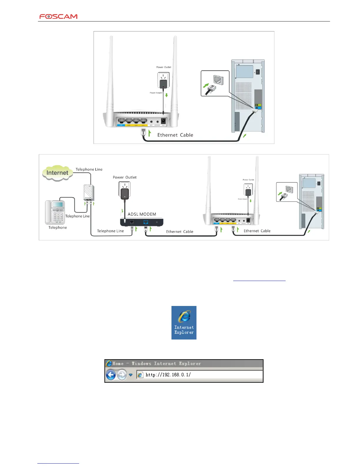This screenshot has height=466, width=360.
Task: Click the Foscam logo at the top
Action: [x=59, y=16]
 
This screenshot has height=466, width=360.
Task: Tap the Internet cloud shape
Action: [x=57, y=173]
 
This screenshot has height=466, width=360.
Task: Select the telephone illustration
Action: [x=55, y=212]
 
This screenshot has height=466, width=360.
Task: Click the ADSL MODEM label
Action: [x=142, y=214]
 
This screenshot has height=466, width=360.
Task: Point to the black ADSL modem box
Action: [x=142, y=222]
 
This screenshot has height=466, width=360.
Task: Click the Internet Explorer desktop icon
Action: [x=184, y=322]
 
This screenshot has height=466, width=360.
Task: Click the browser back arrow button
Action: [x=111, y=375]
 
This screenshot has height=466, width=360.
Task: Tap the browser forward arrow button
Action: [x=122, y=375]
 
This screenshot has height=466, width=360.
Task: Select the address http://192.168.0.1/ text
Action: [x=168, y=375]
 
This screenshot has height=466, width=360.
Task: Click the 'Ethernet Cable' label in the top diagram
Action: [x=175, y=135]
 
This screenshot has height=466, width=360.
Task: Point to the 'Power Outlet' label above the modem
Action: [x=125, y=177]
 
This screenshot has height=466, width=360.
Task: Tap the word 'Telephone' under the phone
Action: [x=58, y=227]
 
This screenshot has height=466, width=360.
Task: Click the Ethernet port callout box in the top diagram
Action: [x=215, y=83]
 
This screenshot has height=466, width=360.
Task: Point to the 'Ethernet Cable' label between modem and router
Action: [x=180, y=232]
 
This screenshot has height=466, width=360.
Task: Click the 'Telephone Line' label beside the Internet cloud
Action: [x=89, y=169]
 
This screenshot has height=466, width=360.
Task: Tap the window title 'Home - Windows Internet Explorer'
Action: [x=156, y=364]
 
